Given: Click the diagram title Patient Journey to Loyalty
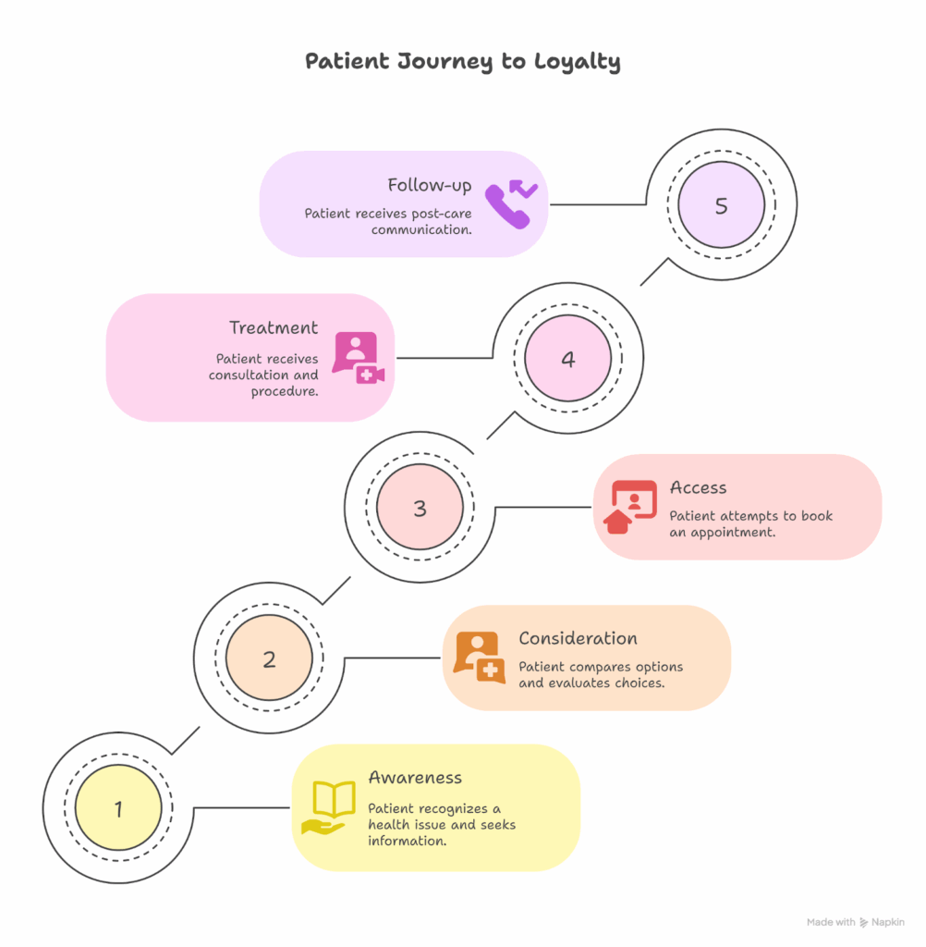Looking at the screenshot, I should [x=462, y=62].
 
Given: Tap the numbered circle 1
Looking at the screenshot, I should [x=118, y=809].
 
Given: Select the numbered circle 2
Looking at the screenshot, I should [x=269, y=659].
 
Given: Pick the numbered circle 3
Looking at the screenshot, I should [x=420, y=508].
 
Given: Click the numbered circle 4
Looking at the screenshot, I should [x=567, y=359].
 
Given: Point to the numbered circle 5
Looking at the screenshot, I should [x=721, y=205].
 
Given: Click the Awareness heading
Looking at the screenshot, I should [x=415, y=778].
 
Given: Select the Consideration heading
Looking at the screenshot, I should [x=578, y=638].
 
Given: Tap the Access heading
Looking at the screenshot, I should [x=698, y=487].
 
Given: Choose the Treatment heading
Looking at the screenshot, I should [x=274, y=327].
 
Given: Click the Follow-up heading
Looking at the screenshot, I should [x=430, y=185].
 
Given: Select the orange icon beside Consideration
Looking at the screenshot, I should [x=479, y=657].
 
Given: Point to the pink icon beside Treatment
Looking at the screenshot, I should [x=358, y=357].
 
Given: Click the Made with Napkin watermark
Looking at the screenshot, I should [x=856, y=922].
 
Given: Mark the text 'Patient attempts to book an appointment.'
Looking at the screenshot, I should [x=750, y=524].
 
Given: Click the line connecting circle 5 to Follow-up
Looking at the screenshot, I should [x=597, y=203].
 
